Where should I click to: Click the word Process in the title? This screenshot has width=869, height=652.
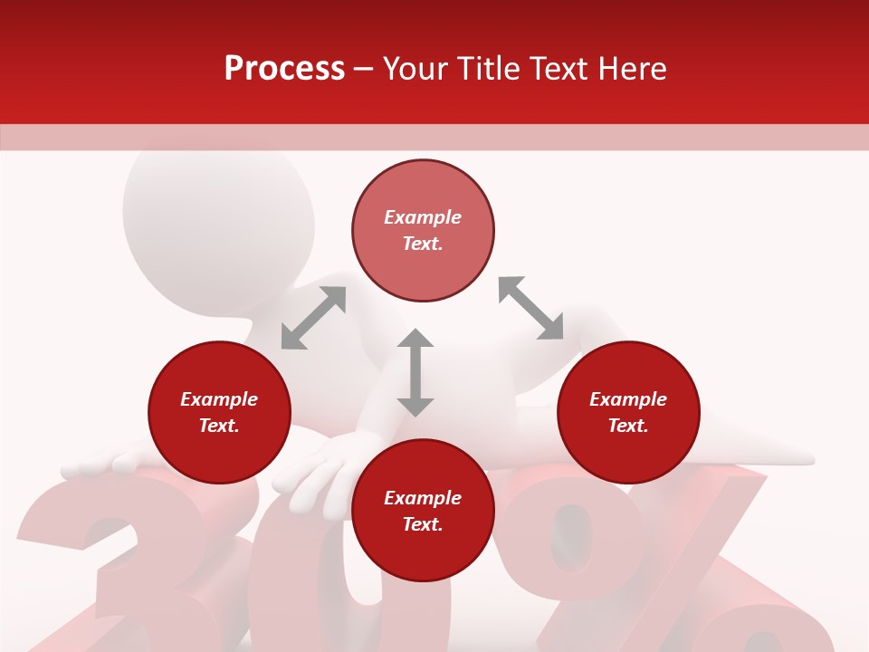[x=284, y=69]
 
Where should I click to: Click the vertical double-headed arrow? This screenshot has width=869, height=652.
[x=415, y=372]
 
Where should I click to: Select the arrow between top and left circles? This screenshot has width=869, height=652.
[x=313, y=318]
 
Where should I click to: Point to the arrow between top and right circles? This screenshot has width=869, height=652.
[x=530, y=308]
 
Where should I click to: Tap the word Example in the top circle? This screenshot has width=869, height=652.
[x=423, y=217]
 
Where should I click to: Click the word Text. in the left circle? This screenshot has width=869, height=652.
[x=219, y=426]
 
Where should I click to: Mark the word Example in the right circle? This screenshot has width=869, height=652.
[x=628, y=399]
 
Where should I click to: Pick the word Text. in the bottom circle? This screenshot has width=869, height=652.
[x=423, y=524]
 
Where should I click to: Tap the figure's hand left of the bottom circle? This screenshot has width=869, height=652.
[x=321, y=471]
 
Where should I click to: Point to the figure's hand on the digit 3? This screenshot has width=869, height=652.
[x=100, y=464]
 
